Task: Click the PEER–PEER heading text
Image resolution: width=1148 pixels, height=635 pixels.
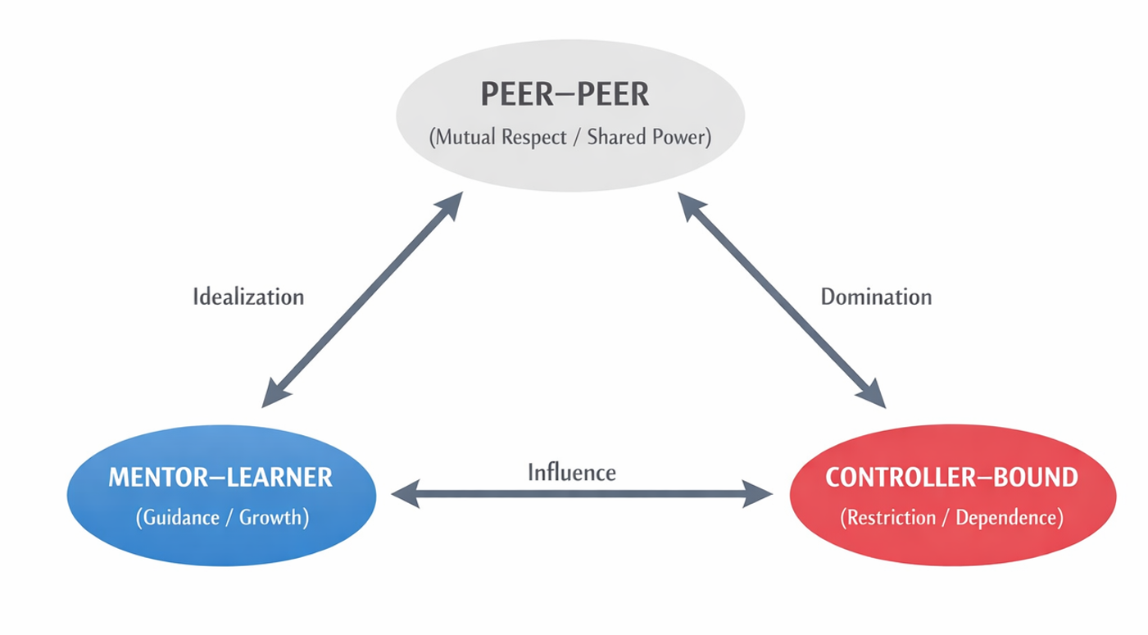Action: point(565,94)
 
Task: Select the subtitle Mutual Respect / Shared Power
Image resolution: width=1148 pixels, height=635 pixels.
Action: point(570,136)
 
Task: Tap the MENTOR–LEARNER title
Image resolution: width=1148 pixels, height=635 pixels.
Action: point(220,477)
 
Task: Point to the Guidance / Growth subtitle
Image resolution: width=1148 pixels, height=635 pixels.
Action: point(221,518)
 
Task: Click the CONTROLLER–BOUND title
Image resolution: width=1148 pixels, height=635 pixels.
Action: point(951,477)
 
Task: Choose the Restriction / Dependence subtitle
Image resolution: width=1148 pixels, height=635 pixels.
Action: point(951,518)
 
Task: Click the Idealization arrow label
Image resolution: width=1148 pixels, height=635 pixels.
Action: point(248,296)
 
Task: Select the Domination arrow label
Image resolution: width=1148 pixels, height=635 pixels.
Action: point(876,296)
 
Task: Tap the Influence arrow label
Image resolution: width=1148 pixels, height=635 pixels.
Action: point(572,472)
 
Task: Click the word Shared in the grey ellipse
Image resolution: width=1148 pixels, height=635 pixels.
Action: point(622,136)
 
